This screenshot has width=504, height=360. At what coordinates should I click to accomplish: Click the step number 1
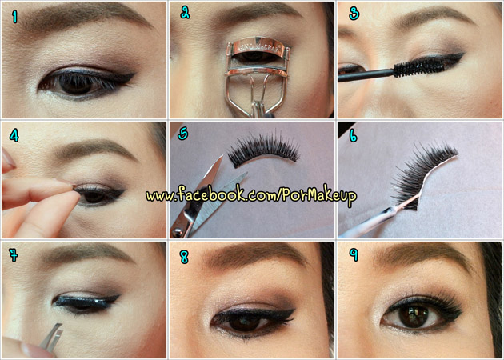point(14,16)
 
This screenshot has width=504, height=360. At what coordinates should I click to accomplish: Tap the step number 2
point(185,12)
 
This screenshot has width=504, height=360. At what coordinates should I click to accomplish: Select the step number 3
point(354,13)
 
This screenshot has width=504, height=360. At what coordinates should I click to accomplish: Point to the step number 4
point(14,136)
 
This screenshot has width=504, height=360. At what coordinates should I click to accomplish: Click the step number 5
point(183,134)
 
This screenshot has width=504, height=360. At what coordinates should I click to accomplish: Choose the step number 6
point(353,136)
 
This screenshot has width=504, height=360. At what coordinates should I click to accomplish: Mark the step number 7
point(14,255)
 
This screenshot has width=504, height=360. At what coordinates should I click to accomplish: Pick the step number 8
point(184,257)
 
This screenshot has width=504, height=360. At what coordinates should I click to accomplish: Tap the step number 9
point(354,254)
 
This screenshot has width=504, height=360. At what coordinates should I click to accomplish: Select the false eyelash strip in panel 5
point(264,150)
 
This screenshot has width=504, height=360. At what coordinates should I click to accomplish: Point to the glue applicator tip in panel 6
point(396,209)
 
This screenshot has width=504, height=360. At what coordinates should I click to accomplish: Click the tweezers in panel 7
point(51,337)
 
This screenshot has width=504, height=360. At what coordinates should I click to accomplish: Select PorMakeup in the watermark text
point(320,195)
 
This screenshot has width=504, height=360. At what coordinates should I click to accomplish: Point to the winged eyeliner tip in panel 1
point(133,74)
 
